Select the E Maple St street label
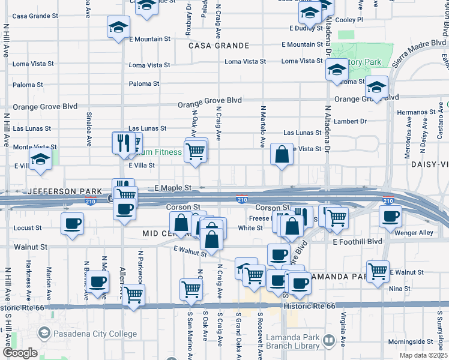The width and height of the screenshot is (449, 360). coord(173,188)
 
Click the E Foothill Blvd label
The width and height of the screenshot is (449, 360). coord(357,242)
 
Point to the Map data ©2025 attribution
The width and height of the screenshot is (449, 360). coord(424,355)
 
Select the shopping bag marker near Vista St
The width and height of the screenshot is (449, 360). coord(282,155)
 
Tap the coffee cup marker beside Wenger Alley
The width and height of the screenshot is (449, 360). coord(390,216)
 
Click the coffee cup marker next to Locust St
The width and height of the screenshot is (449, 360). coord(72,224)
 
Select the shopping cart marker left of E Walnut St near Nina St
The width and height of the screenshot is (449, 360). coord(378,271)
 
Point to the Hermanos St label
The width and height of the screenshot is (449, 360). coord(418,112)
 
